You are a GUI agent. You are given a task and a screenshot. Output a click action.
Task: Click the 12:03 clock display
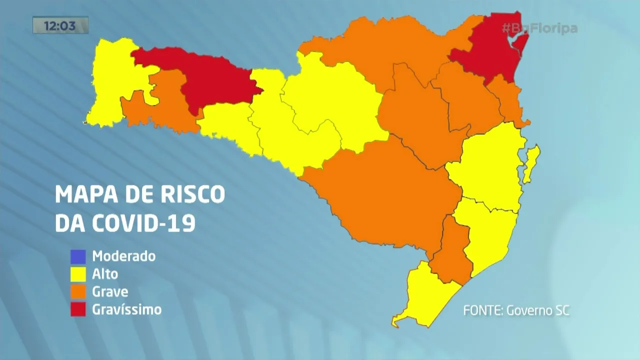coord(60,25)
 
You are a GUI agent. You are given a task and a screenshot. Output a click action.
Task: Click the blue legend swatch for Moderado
coord(78,256)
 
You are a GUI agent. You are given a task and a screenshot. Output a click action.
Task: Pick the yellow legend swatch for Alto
coord(78,274)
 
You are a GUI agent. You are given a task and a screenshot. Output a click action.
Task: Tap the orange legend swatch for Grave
coord(78,291)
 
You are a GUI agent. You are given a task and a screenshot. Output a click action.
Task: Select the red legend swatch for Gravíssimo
coord(78,309)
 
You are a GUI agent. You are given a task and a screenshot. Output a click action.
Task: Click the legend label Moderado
coord(124,256)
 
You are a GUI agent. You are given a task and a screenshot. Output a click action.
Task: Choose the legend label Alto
coord(105,274)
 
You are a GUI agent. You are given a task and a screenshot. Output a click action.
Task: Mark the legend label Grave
coord(110,291)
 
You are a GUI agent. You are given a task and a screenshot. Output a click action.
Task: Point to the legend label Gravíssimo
coord(127,309)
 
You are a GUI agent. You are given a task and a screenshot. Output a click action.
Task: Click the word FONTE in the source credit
coord(482,310)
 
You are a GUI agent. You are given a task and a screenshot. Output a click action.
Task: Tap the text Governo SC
coord(538,310)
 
